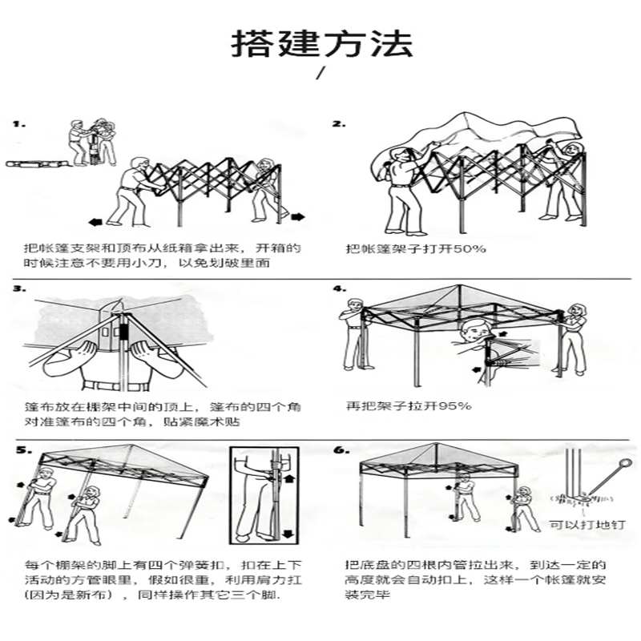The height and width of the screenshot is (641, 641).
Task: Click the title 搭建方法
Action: tap(322, 43)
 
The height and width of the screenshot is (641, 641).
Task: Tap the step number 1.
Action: tap(18, 124)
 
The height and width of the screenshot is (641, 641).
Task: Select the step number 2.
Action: tap(339, 124)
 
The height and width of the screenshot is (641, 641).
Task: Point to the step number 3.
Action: tap(19, 288)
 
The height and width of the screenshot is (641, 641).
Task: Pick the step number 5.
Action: tap(24, 450)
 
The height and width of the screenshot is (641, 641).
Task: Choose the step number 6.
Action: tap(342, 450)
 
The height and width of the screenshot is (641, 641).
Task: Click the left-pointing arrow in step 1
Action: tap(95, 222)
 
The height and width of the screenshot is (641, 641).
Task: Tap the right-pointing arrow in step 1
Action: tap(298, 216)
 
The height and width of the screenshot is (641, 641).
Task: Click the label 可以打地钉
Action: tap(587, 525)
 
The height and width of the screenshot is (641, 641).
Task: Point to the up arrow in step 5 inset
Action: tap(289, 477)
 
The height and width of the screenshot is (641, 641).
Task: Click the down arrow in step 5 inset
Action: tap(289, 534)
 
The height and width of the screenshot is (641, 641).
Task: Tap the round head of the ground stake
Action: tap(626, 465)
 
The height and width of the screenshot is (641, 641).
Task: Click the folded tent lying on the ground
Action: tap(37, 164)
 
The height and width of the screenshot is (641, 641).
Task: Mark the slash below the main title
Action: tap(321, 73)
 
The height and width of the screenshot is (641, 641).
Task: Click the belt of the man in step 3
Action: tap(115, 385)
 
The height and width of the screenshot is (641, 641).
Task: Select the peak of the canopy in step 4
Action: tap(459, 285)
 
